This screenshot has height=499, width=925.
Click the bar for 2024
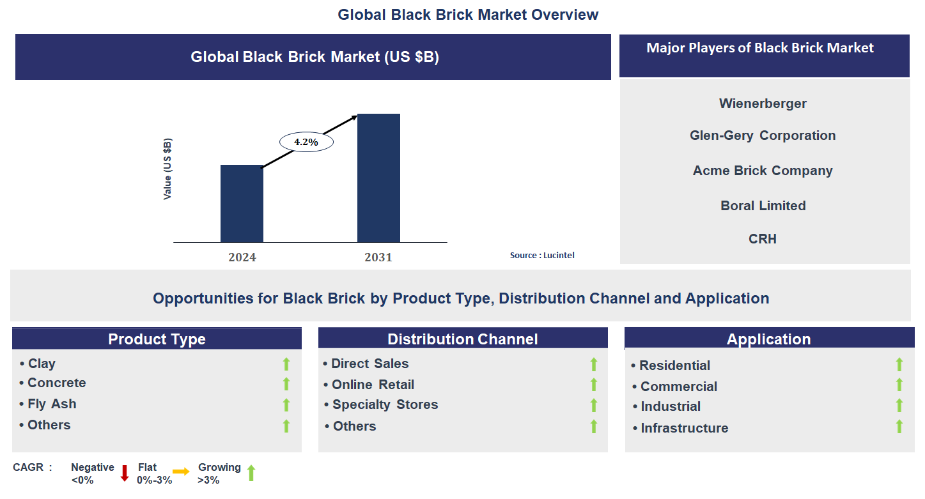[x=242, y=204]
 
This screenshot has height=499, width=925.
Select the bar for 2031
[x=378, y=178]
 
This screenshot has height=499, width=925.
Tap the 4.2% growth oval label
[x=306, y=142]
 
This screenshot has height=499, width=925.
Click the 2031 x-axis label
[x=378, y=257]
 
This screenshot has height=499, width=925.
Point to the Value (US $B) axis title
[x=167, y=169]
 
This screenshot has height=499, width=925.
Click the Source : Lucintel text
[x=542, y=255]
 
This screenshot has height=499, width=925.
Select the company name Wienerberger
[x=763, y=104]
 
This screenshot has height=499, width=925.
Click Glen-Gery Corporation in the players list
[x=763, y=135]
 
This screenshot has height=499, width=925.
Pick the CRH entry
[x=763, y=239]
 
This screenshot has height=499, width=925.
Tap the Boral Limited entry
[x=763, y=206]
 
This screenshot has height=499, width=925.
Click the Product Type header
[x=157, y=339]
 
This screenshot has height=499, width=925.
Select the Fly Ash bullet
[x=52, y=404]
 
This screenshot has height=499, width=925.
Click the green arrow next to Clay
[x=286, y=364]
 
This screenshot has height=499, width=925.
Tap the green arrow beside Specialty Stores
[x=593, y=405]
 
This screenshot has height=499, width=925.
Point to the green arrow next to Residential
[x=899, y=365]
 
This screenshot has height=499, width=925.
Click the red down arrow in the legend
[x=125, y=473]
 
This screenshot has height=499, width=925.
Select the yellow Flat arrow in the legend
[x=181, y=472]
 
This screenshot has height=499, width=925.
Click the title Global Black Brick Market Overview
[x=468, y=15]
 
